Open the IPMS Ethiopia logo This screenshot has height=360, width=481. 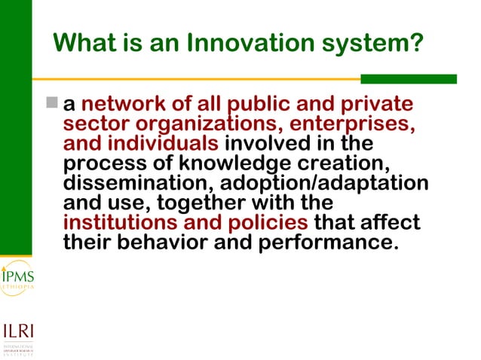tap(16, 278)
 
